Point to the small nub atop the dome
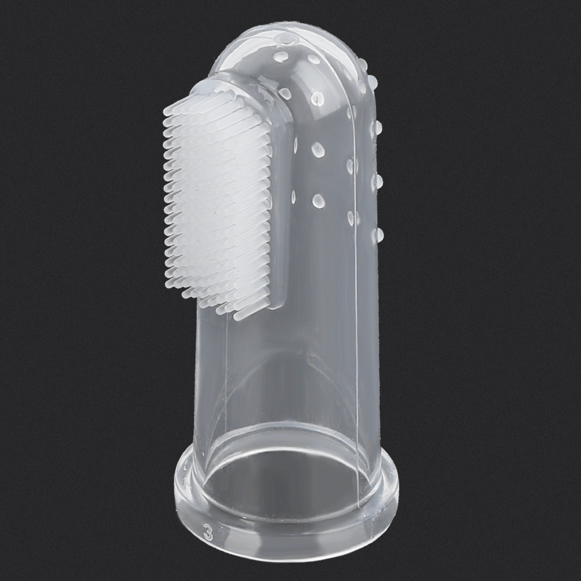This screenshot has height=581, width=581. tap(288, 38)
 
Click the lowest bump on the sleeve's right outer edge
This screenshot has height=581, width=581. tap(379, 233)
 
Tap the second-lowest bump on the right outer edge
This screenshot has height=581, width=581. tap(378, 181)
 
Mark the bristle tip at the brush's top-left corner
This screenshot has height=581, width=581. tap(165, 110)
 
